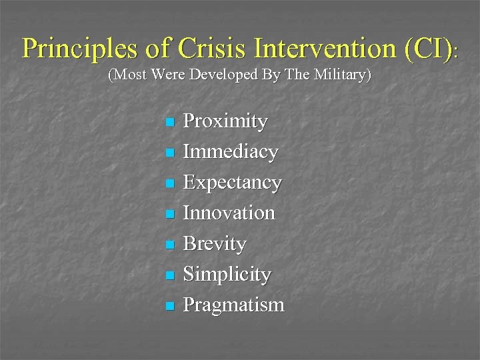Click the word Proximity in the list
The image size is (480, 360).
(225, 122)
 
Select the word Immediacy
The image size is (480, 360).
(231, 153)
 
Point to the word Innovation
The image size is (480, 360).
(229, 213)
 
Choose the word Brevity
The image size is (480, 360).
(215, 244)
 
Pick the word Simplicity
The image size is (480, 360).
(227, 275)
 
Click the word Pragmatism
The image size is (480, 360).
(233, 305)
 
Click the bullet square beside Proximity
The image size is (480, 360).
(169, 123)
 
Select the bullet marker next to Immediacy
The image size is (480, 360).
(169, 153)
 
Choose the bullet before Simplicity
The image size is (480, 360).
(169, 275)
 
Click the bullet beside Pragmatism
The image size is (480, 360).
(169, 306)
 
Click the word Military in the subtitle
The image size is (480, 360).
(339, 75)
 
